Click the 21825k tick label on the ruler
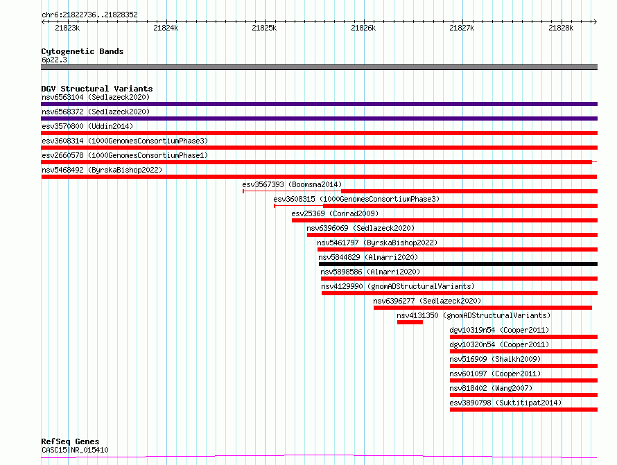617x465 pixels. [264, 28]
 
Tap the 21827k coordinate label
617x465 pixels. [462, 28]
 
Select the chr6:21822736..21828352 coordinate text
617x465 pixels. [89, 15]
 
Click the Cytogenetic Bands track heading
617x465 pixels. [82, 51]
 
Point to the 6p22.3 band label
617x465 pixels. [54, 60]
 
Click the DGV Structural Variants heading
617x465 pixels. [97, 89]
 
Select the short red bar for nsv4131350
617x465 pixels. [410, 322]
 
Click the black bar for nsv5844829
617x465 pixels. [458, 264]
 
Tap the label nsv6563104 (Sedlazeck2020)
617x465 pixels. [96, 97]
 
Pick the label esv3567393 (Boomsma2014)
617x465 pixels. [292, 184]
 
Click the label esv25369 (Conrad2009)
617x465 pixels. [335, 213]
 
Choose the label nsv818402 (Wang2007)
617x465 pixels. [491, 388]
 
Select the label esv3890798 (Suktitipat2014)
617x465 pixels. [505, 403]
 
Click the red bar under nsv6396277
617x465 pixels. [483, 308]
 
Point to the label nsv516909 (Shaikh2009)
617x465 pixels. [495, 359]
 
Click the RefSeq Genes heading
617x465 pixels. [70, 441]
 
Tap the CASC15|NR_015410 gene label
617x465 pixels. [75, 450]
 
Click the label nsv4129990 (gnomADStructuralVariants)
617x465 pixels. [398, 286]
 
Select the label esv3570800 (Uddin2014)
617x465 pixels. [87, 126]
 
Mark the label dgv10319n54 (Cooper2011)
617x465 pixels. [499, 330]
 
